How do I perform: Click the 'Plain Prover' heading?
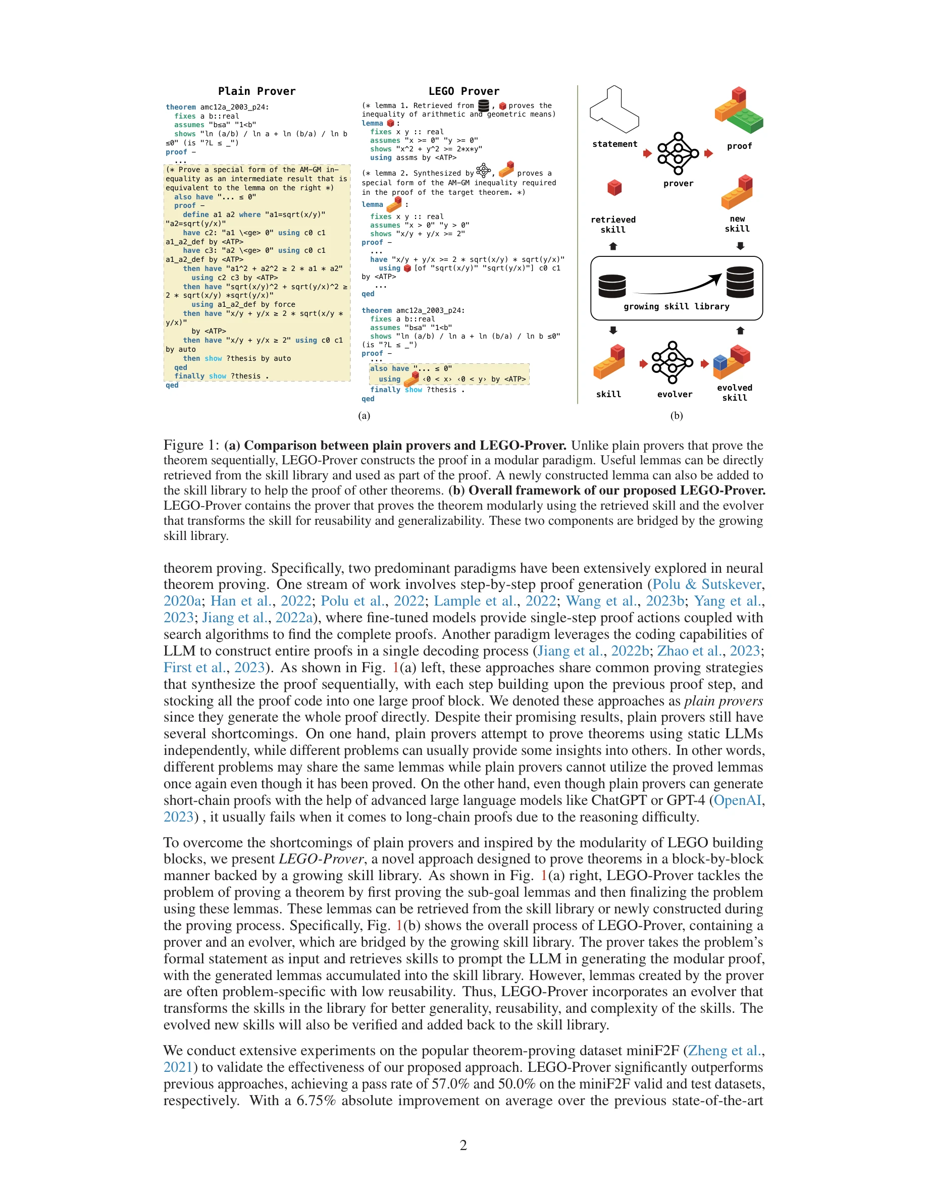point(256,91)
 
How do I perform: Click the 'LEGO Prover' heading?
point(463,91)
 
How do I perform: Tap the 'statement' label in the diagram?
point(614,144)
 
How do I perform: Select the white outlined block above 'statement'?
point(614,110)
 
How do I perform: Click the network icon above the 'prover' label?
point(678,153)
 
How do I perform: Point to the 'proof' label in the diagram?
point(739,146)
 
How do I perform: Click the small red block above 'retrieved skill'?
point(614,188)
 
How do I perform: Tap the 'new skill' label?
point(737,224)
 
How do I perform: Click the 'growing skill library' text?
point(676,306)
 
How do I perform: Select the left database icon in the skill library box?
point(612,286)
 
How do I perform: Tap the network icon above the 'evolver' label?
point(672,363)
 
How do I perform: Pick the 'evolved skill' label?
point(734,393)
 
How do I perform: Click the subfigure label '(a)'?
point(364,416)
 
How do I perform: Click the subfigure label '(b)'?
point(676,416)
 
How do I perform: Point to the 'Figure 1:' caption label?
point(191,445)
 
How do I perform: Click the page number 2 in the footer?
point(463,1145)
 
